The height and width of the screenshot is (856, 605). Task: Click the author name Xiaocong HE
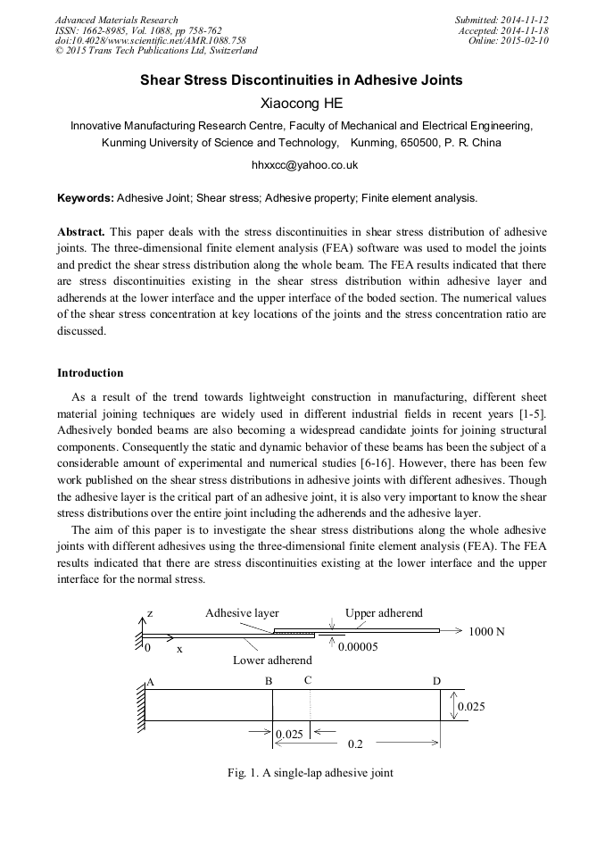click(x=302, y=104)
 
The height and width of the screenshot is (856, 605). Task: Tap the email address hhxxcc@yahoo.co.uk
click(x=302, y=165)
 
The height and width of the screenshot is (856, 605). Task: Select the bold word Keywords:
click(x=86, y=198)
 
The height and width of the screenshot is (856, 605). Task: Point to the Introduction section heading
click(x=90, y=372)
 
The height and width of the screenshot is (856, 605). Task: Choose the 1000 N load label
click(x=486, y=632)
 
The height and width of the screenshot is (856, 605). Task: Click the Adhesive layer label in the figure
click(x=242, y=614)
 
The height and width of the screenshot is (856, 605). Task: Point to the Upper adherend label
click(x=384, y=614)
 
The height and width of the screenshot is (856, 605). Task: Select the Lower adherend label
click(x=272, y=661)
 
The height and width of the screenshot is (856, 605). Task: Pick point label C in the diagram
click(x=308, y=680)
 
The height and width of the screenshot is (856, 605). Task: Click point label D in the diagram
click(x=436, y=682)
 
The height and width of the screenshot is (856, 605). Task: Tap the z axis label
click(x=150, y=615)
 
